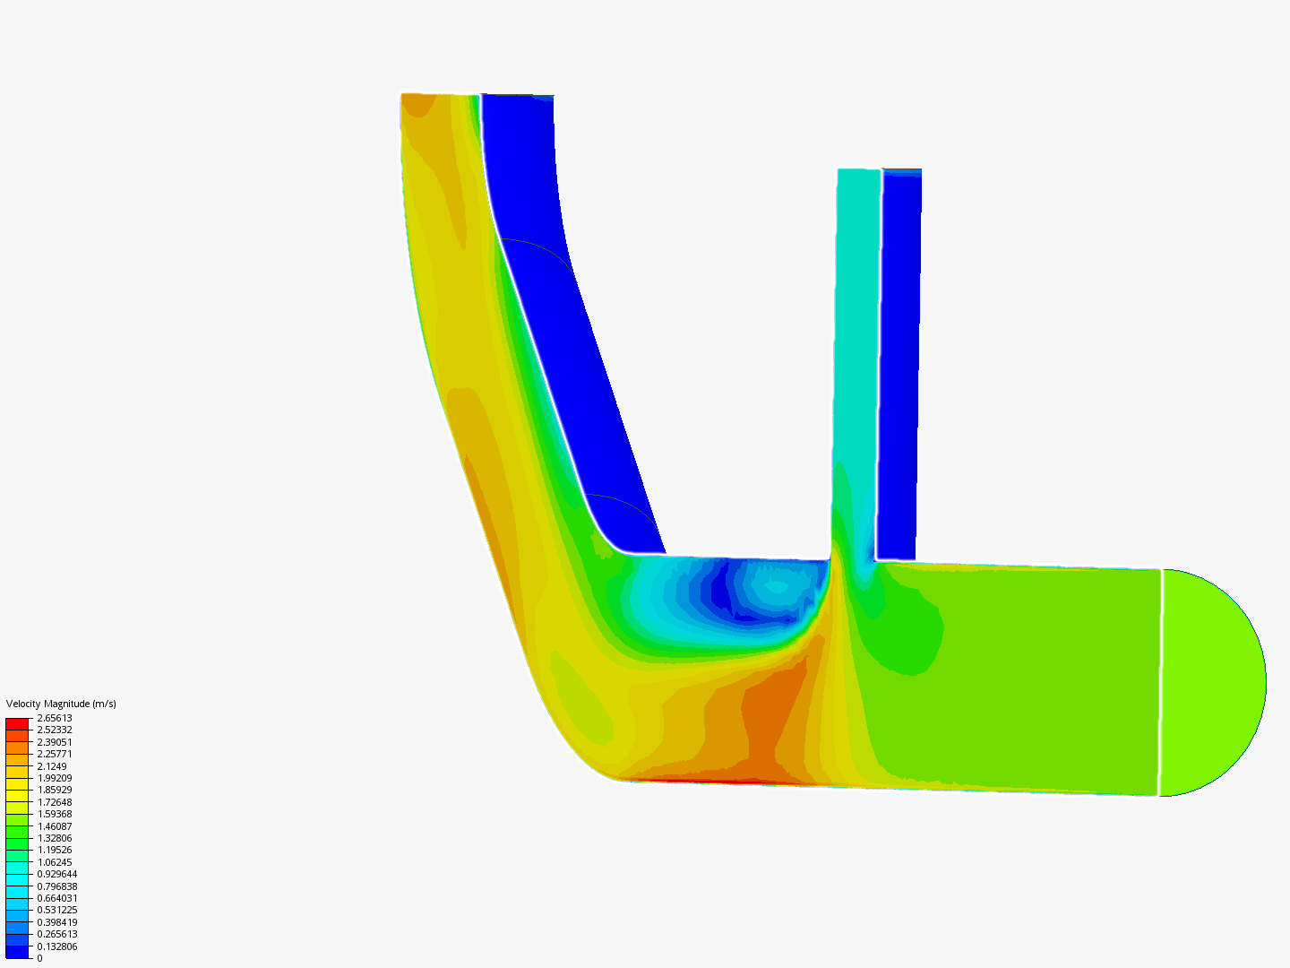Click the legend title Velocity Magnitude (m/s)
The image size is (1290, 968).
tap(61, 704)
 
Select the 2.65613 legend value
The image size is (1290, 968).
tap(54, 718)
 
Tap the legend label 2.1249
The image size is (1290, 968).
tap(51, 766)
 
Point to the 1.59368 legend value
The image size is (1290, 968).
tap(54, 814)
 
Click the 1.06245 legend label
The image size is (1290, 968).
tap(54, 862)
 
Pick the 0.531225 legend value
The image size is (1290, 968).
tap(56, 910)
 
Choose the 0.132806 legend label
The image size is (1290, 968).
tap(56, 946)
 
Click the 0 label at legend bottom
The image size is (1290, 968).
tap(39, 958)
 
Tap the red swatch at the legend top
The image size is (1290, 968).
tap(17, 723)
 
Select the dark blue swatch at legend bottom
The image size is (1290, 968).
tap(17, 952)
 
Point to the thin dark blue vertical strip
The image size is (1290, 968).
tap(899, 359)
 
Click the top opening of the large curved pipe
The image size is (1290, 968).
tap(439, 95)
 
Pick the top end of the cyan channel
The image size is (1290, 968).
tap(859, 170)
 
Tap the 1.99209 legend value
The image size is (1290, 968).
tap(54, 778)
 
